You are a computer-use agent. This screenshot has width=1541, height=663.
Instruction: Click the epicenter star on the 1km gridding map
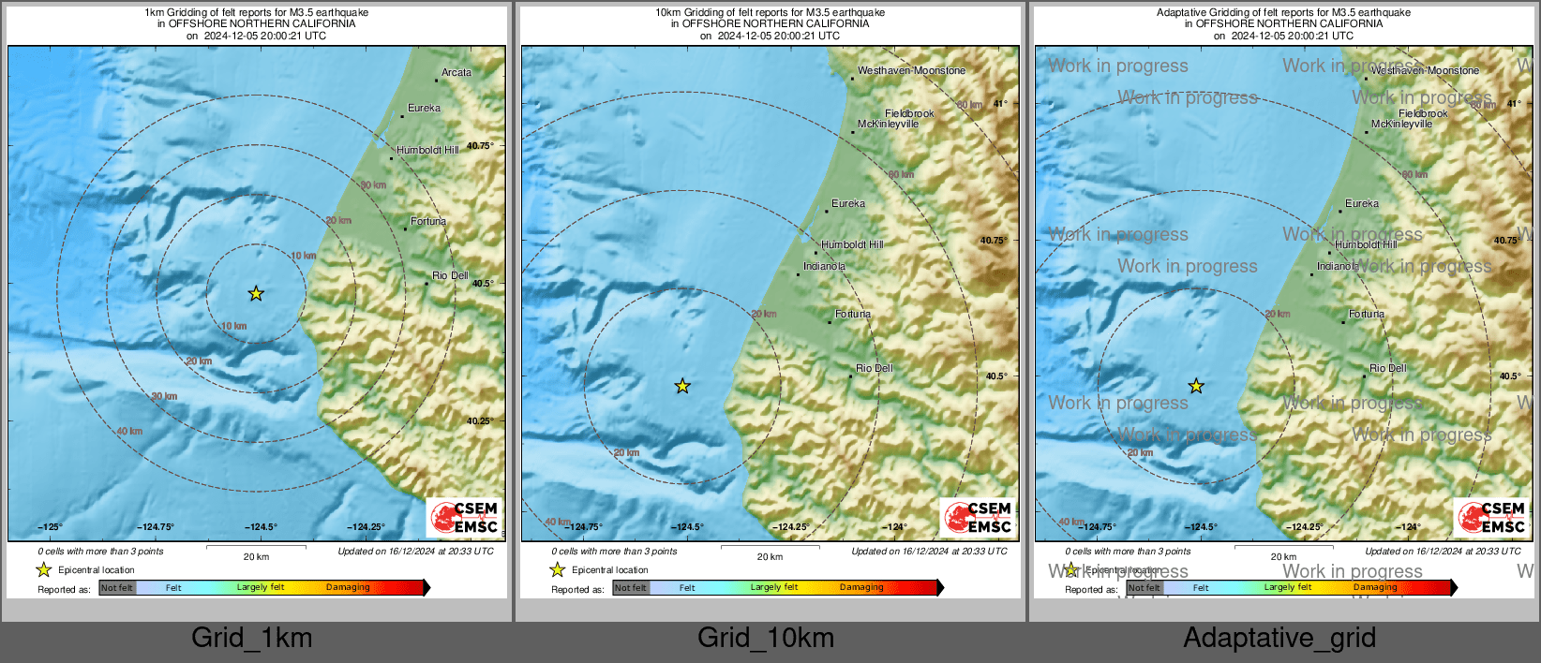(256, 294)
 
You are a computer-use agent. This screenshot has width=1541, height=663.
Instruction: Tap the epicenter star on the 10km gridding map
(682, 386)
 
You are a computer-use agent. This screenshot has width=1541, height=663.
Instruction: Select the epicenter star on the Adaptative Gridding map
(1196, 386)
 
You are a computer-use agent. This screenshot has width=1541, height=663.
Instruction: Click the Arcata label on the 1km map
(456, 72)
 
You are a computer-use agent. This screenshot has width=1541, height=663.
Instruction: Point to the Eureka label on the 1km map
(424, 108)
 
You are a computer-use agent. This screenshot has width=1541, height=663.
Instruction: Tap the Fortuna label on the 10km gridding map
(852, 314)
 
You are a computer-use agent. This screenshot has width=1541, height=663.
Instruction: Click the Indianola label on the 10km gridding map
(824, 267)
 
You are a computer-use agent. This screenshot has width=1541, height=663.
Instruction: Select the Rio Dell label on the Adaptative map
(1387, 368)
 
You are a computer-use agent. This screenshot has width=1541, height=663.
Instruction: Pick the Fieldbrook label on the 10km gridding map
(909, 113)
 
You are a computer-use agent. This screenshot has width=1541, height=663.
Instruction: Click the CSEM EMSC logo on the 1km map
(465, 518)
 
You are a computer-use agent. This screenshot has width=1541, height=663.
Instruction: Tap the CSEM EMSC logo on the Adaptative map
(1492, 518)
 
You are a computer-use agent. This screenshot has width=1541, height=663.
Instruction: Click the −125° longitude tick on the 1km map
(50, 527)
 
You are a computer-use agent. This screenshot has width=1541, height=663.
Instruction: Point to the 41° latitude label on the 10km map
(1000, 103)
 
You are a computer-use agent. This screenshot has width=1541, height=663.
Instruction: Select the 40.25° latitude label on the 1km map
(480, 421)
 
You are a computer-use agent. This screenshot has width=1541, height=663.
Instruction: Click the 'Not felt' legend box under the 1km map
(117, 588)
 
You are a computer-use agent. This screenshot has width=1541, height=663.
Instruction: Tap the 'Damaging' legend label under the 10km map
(861, 587)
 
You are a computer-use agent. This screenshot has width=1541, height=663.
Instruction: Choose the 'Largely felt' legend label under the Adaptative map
(1288, 587)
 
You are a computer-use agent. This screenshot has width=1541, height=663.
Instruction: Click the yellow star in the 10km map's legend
(558, 569)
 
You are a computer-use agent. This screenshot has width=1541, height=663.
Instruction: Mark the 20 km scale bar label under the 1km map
(256, 556)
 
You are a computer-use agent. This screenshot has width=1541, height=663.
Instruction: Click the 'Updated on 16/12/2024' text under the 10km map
(929, 552)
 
